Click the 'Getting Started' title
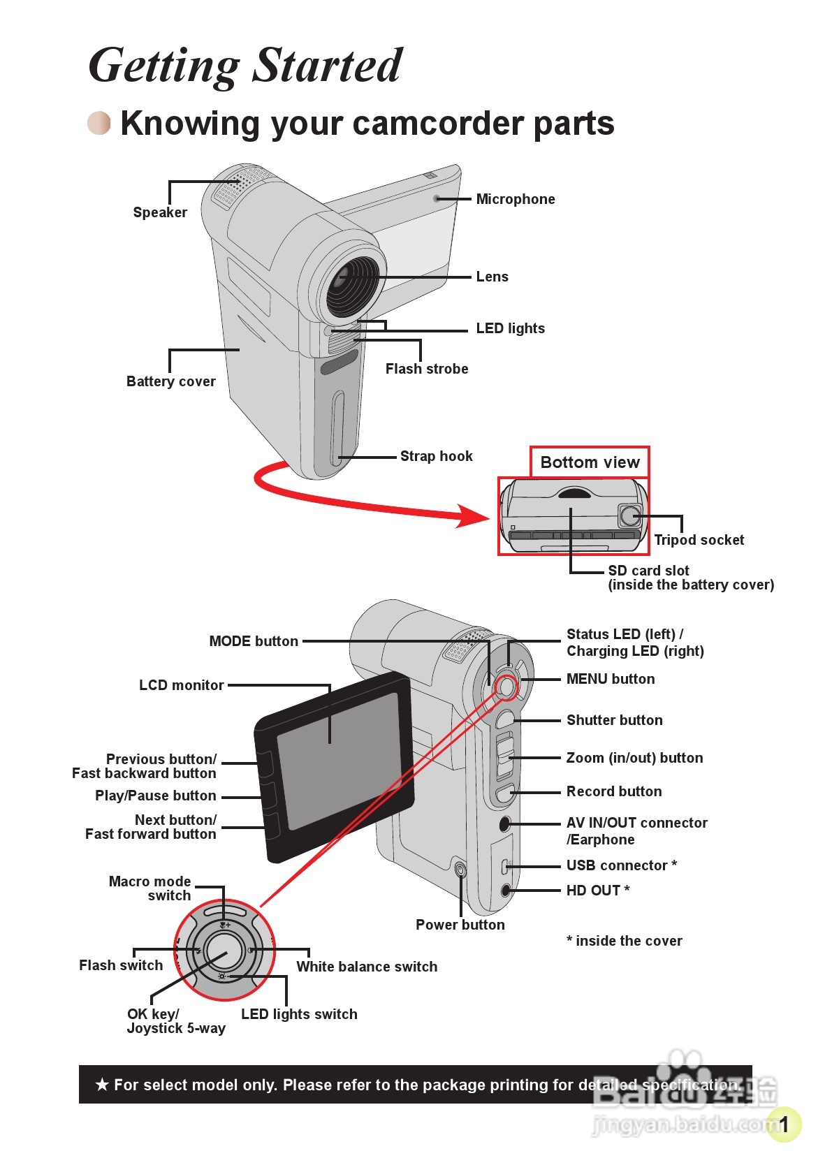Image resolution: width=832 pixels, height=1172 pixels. tap(245, 66)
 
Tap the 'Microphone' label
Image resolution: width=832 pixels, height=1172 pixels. tap(515, 199)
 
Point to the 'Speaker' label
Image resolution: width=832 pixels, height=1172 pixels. tap(160, 212)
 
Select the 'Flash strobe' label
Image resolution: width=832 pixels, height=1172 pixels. tap(426, 369)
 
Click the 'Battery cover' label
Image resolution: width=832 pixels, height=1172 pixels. tap(170, 381)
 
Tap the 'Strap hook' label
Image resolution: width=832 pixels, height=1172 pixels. tap(436, 456)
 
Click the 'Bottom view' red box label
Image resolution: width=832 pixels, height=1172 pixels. tap(590, 462)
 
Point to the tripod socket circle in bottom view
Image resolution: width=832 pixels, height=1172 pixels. tap(630, 515)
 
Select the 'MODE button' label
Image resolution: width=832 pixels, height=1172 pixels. tap(254, 641)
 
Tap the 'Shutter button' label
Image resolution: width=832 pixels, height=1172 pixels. tap(614, 720)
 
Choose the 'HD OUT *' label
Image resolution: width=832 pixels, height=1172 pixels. tap(597, 890)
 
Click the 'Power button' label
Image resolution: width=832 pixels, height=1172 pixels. tap(460, 925)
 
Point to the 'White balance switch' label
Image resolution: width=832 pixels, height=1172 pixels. tap(367, 967)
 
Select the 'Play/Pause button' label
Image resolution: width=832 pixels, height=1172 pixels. tap(155, 796)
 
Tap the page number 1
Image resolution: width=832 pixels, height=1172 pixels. tap(784, 1124)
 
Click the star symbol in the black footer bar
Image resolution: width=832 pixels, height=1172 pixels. tap(102, 1085)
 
